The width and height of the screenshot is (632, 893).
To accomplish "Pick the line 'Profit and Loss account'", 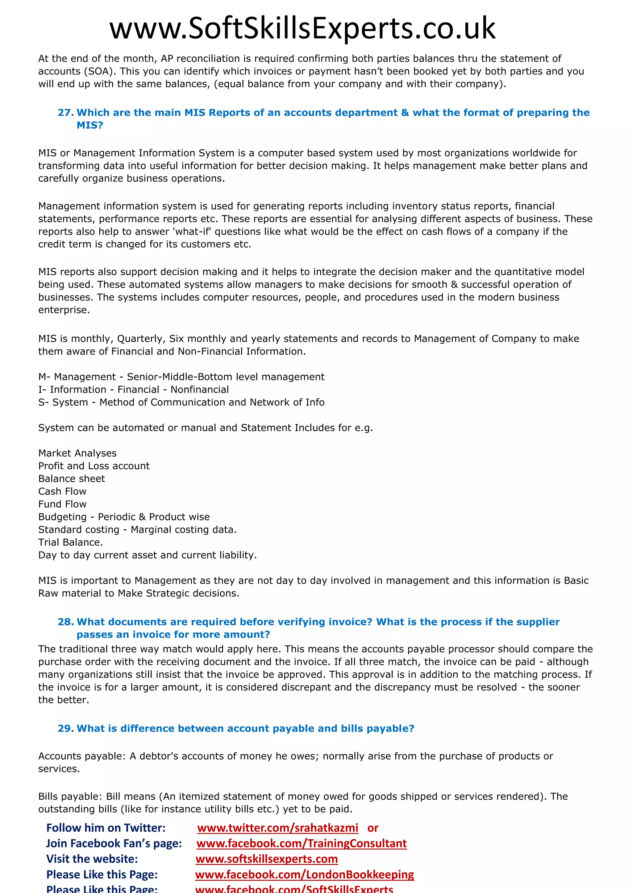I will pos(94,466).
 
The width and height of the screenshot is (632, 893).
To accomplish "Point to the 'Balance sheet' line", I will pos(72,479).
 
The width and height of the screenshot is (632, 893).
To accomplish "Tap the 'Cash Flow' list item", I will pos(62,491).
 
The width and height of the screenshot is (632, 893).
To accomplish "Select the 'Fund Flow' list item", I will pos(62,504).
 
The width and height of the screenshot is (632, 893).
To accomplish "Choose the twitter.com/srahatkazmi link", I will pos(277,828).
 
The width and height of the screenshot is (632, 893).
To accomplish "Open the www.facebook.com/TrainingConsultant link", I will pos(301,843).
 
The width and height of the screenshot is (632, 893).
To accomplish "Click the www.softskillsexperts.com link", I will pos(267,859).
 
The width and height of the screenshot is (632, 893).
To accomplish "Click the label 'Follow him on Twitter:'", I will pos(106,828).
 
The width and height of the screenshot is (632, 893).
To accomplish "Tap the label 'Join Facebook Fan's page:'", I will pos(114,843).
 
